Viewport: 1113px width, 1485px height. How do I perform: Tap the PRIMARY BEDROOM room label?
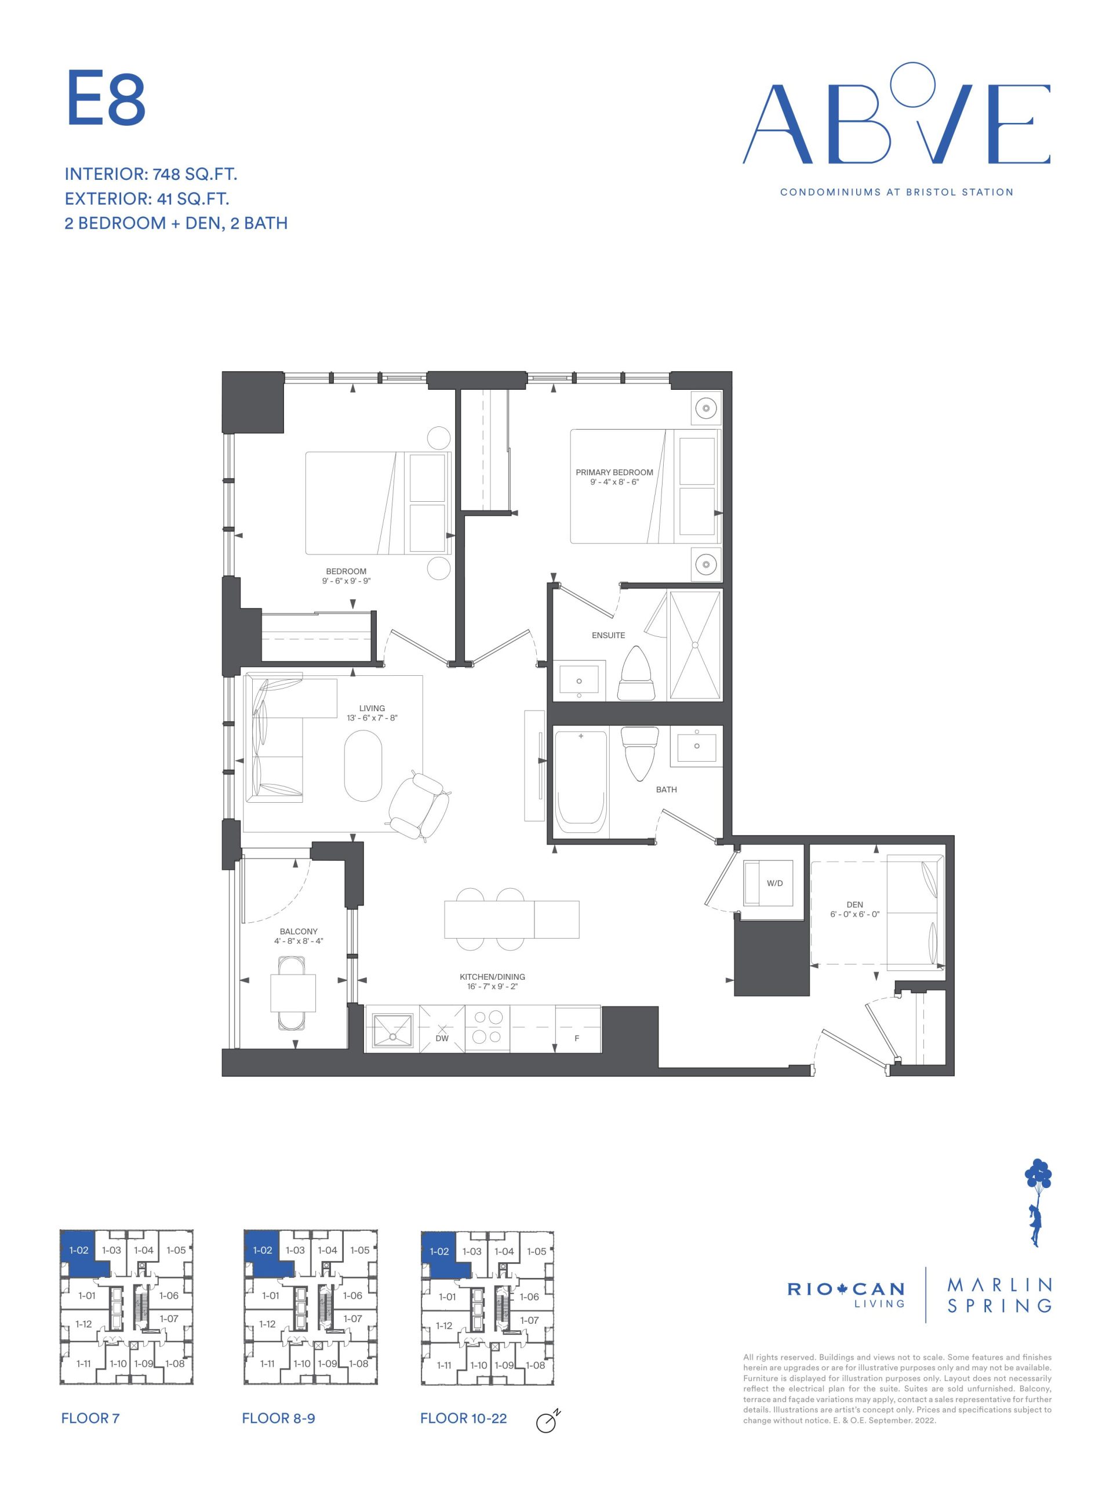point(614,473)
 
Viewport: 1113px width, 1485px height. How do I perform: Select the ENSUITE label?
point(608,635)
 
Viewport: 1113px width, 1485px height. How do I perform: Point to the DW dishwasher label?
point(442,1038)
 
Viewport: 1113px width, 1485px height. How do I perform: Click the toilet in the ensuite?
point(635,674)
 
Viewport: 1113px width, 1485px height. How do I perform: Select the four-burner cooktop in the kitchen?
point(488,1027)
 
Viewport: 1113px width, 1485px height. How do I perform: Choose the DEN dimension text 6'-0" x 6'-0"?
point(854,914)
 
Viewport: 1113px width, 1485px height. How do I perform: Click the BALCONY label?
point(299,931)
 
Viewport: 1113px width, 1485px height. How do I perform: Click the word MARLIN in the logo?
point(999,1285)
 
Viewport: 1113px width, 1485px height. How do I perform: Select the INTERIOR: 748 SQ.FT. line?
point(151,175)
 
